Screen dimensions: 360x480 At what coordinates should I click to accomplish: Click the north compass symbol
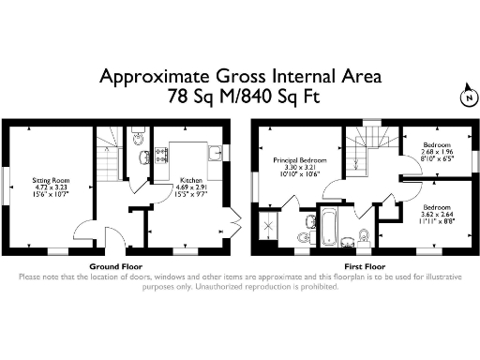tap(466, 95)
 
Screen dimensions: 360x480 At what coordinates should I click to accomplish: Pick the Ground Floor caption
tap(115, 266)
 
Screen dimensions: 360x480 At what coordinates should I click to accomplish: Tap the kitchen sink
tap(214, 151)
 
